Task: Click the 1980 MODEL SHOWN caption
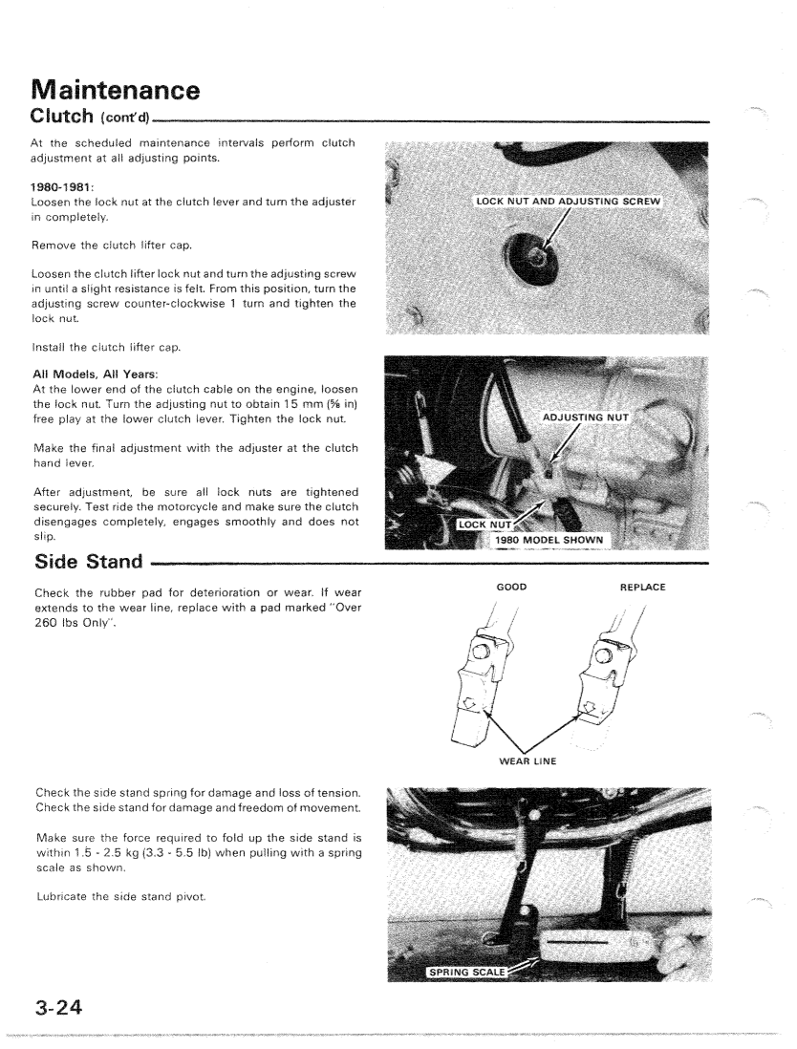click(x=559, y=537)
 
